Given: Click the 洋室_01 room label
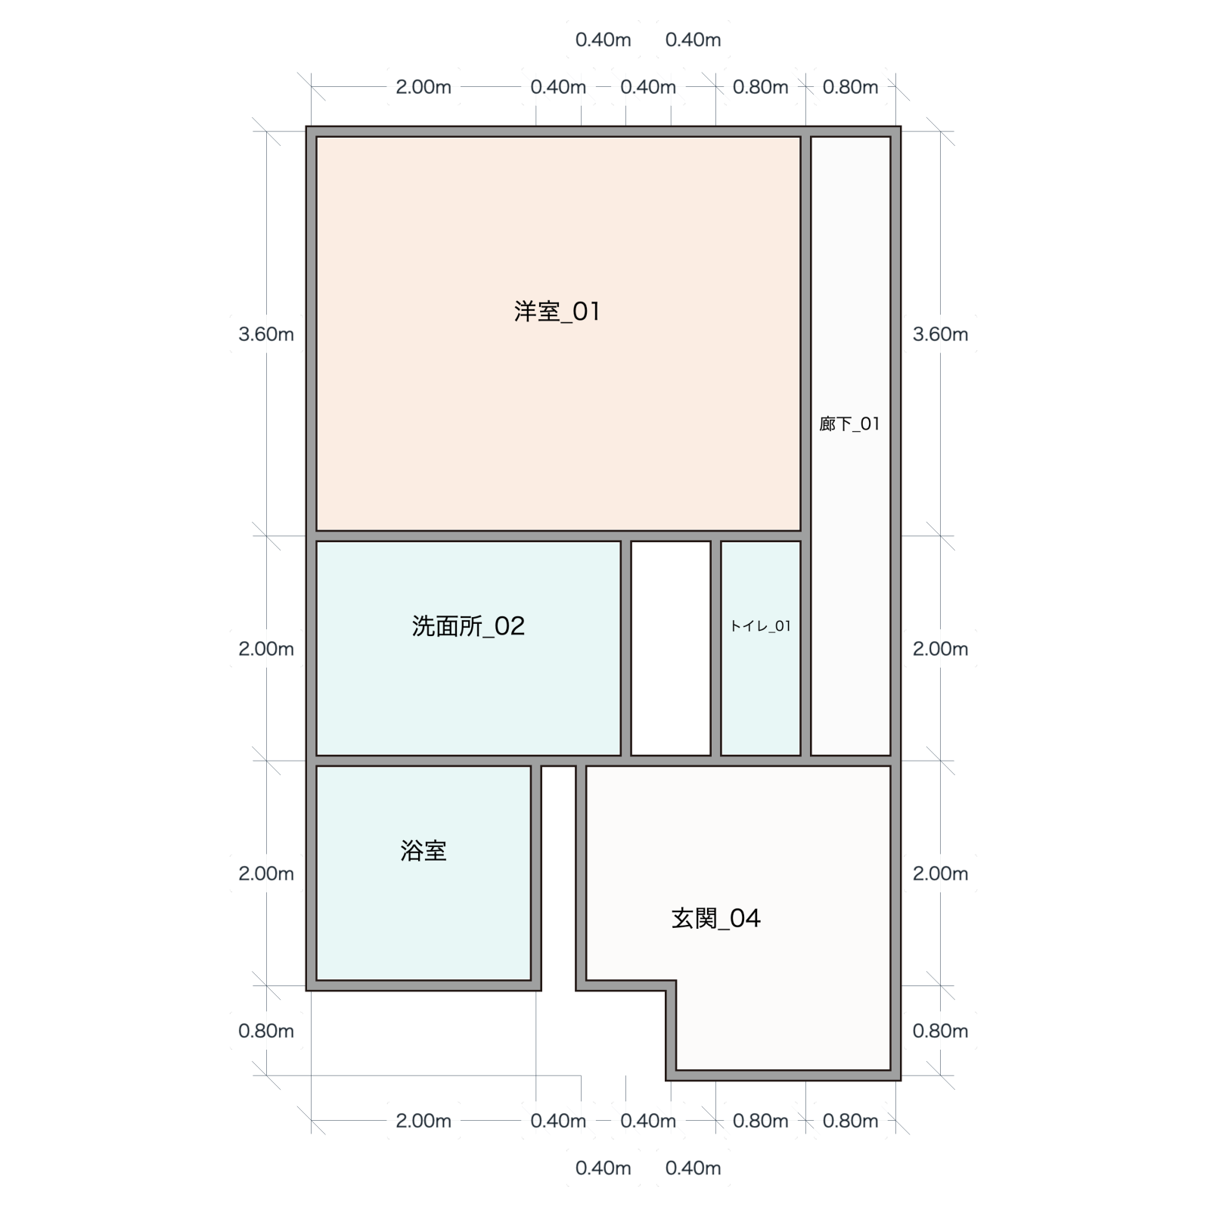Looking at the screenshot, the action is click(x=557, y=312).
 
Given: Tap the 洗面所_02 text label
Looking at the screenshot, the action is click(x=468, y=626).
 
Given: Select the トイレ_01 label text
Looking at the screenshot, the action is click(x=760, y=626).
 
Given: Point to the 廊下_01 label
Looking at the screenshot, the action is click(x=850, y=424).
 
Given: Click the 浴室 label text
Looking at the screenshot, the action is click(x=424, y=851).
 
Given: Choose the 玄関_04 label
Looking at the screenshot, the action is click(x=715, y=918).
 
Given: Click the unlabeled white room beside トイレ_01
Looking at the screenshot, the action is click(x=671, y=648).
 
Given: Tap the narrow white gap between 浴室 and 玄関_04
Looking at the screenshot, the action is click(x=558, y=877).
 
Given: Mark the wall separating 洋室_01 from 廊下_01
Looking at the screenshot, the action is click(x=805, y=334).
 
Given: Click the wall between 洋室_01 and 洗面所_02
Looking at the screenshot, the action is click(x=468, y=536).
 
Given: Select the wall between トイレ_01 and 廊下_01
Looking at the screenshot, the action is click(x=805, y=648).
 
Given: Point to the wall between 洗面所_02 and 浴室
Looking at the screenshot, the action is click(x=424, y=760).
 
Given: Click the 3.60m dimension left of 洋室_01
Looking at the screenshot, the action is click(x=266, y=334).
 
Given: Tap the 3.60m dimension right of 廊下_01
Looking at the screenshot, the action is click(x=940, y=334).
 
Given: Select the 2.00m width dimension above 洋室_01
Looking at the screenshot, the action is click(x=424, y=87).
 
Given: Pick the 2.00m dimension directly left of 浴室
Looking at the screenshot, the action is click(x=266, y=873).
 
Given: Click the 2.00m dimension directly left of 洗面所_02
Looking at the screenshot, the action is click(x=266, y=649).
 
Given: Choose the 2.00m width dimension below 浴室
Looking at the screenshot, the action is click(x=424, y=1121).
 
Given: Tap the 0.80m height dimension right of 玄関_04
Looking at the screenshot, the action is click(x=940, y=1031).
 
